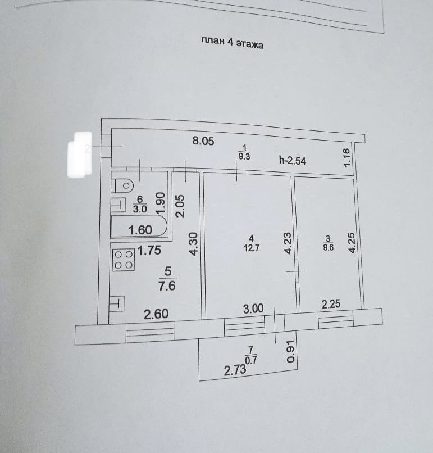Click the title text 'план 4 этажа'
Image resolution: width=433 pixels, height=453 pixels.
(231, 43)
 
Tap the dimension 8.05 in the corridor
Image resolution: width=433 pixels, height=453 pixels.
(203, 142)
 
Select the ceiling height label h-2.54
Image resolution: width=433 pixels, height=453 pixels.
(291, 160)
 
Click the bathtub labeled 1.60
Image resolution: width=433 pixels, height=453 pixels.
(139, 229)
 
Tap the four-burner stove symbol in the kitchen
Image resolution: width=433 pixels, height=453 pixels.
(124, 260)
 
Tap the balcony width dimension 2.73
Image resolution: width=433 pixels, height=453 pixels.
(235, 371)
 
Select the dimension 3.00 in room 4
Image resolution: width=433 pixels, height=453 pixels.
(253, 309)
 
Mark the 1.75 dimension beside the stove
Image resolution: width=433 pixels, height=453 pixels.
(150, 251)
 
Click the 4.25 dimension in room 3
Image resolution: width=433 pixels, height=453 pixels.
(352, 244)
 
